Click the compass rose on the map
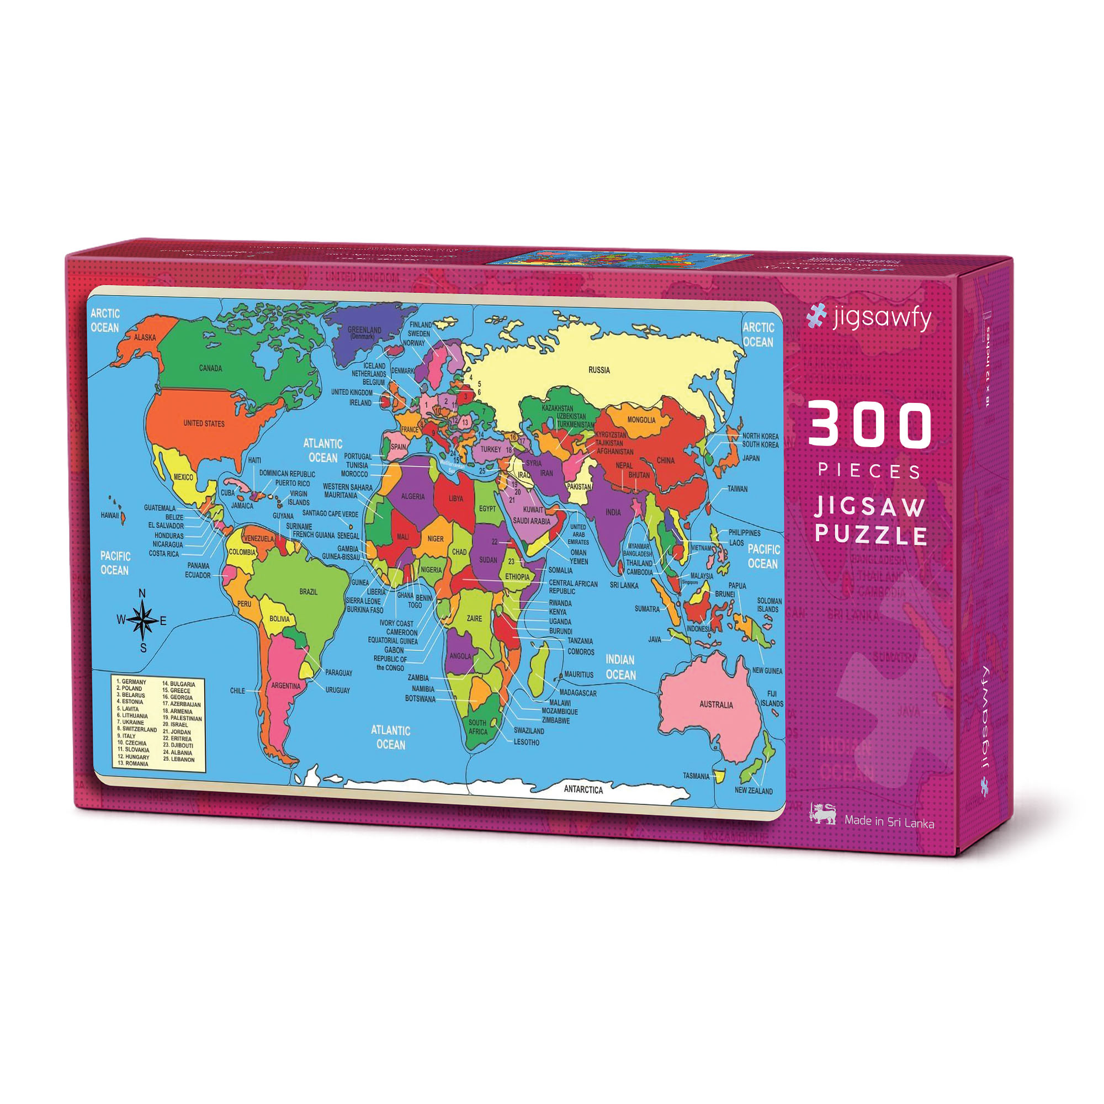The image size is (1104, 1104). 143,620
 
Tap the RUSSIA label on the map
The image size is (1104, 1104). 599,370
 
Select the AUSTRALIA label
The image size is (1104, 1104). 716,704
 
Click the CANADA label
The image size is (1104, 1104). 210,368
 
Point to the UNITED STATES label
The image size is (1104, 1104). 204,423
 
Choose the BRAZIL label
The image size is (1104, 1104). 309,591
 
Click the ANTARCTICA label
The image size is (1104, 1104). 583,789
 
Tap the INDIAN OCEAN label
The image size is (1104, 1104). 620,667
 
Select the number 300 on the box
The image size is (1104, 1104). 869,424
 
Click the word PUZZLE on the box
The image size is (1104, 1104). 871,535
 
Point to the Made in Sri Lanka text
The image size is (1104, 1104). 889,822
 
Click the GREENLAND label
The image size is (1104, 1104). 364,331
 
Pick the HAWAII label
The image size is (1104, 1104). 110,515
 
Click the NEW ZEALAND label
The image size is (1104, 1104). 753,791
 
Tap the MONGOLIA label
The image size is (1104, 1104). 641,420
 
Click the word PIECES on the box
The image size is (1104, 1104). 870,471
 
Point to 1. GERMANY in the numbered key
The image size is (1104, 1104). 131,681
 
